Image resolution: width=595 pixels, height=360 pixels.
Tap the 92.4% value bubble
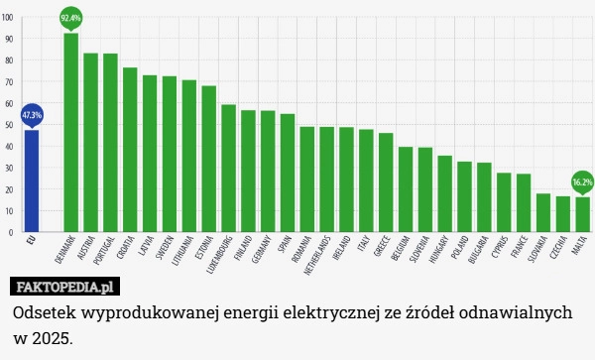click(71, 18)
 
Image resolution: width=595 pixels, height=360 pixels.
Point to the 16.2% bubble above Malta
click(582, 181)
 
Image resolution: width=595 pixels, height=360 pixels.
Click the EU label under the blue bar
click(31, 239)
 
